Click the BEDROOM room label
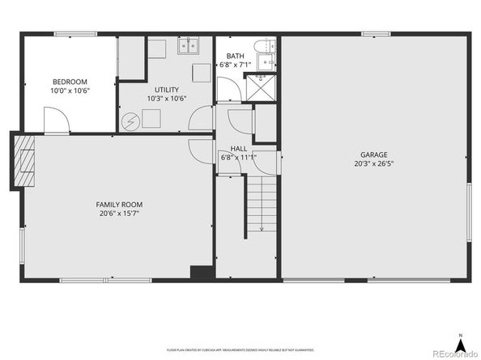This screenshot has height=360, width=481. point(70,82)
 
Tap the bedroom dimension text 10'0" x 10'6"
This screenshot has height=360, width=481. point(70,91)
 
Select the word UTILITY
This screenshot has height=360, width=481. point(167,89)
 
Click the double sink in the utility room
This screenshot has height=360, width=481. point(189,45)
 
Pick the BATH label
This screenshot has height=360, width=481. point(235,56)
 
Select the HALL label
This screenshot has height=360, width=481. point(239,149)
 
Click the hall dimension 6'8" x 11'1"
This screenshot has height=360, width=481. point(239,158)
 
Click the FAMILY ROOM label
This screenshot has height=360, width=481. point(119,205)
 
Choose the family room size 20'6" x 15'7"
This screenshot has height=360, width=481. point(119,214)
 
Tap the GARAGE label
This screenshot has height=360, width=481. point(374,155)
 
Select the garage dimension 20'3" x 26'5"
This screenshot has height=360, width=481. point(374,163)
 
